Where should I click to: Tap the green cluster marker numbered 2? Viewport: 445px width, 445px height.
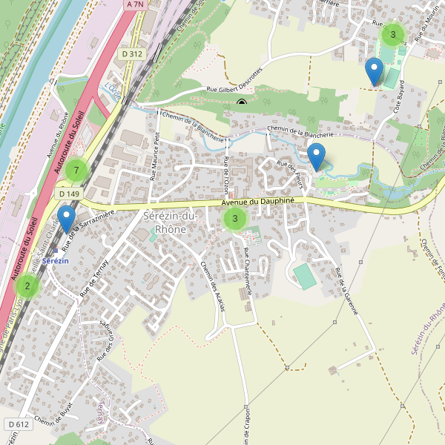coord(27,286)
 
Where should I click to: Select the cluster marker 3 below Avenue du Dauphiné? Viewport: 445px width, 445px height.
coord(234,218)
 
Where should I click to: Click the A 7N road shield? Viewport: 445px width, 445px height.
coord(133,4)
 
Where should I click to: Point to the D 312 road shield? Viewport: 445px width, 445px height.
coord(131,53)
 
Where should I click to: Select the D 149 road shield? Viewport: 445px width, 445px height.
coord(68,194)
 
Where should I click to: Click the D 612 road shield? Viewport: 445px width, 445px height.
coord(19,424)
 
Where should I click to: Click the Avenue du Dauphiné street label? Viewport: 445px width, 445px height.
coord(259,202)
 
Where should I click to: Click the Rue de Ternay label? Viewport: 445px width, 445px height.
coord(94,279)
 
